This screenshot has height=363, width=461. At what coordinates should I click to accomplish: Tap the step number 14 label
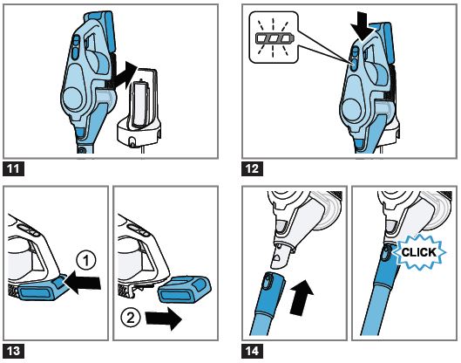253,353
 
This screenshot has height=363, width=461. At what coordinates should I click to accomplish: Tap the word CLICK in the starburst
418,254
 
